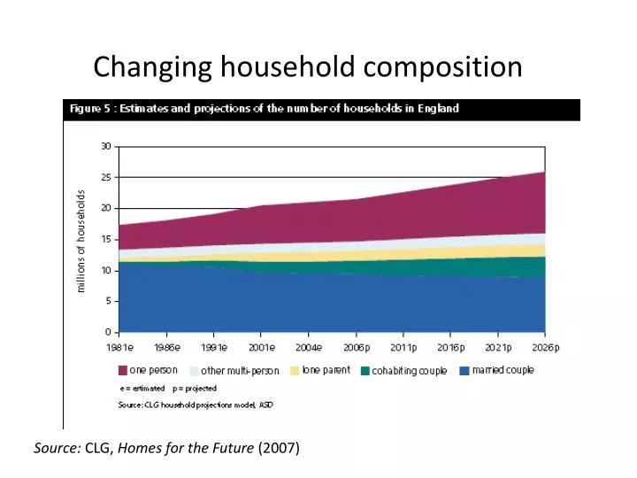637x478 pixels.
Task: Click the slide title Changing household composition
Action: click(307, 66)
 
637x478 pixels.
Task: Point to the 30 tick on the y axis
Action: click(105, 146)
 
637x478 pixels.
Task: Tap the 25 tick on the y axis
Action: click(105, 177)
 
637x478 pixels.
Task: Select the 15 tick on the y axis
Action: click(105, 239)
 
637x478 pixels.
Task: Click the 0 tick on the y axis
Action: click(108, 332)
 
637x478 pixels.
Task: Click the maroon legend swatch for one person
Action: click(123, 371)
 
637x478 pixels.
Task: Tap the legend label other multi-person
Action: click(240, 371)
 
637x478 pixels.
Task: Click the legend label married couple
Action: click(503, 370)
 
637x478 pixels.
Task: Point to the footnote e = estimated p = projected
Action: click(168, 388)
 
